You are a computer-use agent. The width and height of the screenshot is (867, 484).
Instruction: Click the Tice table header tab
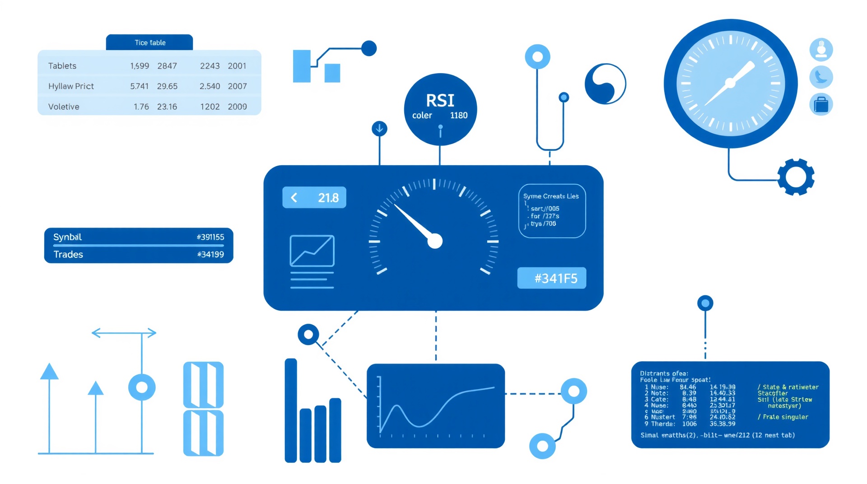(x=149, y=42)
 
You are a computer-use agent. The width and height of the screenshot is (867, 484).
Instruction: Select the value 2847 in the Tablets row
(x=167, y=66)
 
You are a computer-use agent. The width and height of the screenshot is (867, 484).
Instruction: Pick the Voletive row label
(x=64, y=107)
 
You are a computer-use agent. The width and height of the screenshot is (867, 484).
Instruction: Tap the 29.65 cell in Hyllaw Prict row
(x=167, y=86)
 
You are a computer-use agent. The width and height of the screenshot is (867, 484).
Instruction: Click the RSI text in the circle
(x=440, y=100)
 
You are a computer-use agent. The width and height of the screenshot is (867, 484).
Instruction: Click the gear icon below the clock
(x=796, y=177)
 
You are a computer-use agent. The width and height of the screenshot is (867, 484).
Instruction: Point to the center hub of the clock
(x=730, y=83)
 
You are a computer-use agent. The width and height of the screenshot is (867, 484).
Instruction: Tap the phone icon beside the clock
(x=821, y=77)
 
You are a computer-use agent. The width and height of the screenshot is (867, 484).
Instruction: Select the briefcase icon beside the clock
(x=821, y=105)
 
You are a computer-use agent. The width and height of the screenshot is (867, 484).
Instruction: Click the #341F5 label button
(x=551, y=278)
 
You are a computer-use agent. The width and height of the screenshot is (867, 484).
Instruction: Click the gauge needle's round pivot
(x=435, y=241)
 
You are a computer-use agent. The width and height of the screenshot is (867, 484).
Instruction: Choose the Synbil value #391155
(x=210, y=237)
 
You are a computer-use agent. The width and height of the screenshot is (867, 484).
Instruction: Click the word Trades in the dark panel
(x=68, y=255)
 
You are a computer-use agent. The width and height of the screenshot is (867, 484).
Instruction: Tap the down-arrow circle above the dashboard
(x=379, y=129)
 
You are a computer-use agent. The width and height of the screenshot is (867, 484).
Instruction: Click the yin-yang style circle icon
(x=605, y=84)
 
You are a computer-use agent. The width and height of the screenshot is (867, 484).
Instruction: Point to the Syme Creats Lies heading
(x=551, y=196)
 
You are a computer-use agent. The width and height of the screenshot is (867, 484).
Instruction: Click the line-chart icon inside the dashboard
(x=312, y=251)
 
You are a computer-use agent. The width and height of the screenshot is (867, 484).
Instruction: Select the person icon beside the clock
(x=821, y=49)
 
